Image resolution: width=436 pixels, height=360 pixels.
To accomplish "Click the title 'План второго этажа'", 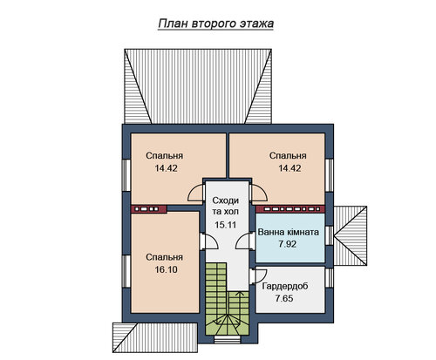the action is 215,24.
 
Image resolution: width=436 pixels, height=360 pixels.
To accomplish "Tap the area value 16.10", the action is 166,269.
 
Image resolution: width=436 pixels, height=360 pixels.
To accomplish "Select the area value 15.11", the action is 226,225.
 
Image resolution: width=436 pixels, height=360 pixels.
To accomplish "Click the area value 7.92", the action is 288,244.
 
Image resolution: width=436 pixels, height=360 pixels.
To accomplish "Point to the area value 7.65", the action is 284,298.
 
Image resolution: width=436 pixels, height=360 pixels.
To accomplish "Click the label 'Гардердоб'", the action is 285,286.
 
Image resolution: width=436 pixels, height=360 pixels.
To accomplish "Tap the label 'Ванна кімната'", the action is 289,232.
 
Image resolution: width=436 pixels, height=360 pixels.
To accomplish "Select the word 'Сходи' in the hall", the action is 226,200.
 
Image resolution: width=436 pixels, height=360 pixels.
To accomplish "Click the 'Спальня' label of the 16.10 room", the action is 164,257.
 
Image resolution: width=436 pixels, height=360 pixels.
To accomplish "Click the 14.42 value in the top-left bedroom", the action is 166,168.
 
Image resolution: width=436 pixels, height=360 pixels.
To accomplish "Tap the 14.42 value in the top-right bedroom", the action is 290,168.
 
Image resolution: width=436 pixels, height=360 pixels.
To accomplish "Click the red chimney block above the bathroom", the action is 290,209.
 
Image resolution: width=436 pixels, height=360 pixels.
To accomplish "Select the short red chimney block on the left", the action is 148,209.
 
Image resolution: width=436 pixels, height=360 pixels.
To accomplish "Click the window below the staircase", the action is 228,339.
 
